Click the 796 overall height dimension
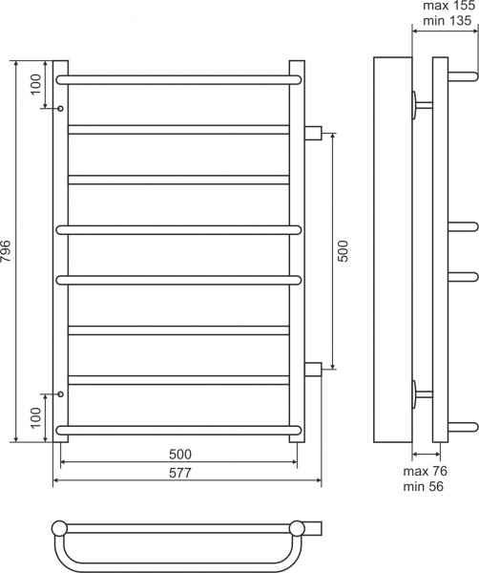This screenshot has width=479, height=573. pyautogui.click(x=7, y=251)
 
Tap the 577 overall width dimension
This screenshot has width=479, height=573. pyautogui.click(x=180, y=473)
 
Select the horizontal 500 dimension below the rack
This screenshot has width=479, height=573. pyautogui.click(x=180, y=455)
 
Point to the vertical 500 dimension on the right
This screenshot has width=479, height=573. pyautogui.click(x=343, y=251)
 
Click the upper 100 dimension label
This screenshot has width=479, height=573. pyautogui.click(x=35, y=84)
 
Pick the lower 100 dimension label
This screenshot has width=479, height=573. pyautogui.click(x=35, y=417)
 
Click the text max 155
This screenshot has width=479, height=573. pyautogui.click(x=449, y=6)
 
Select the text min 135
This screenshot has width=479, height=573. pyautogui.click(x=448, y=20)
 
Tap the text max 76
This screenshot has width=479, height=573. pyautogui.click(x=425, y=471)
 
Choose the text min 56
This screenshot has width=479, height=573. pyautogui.click(x=423, y=486)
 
